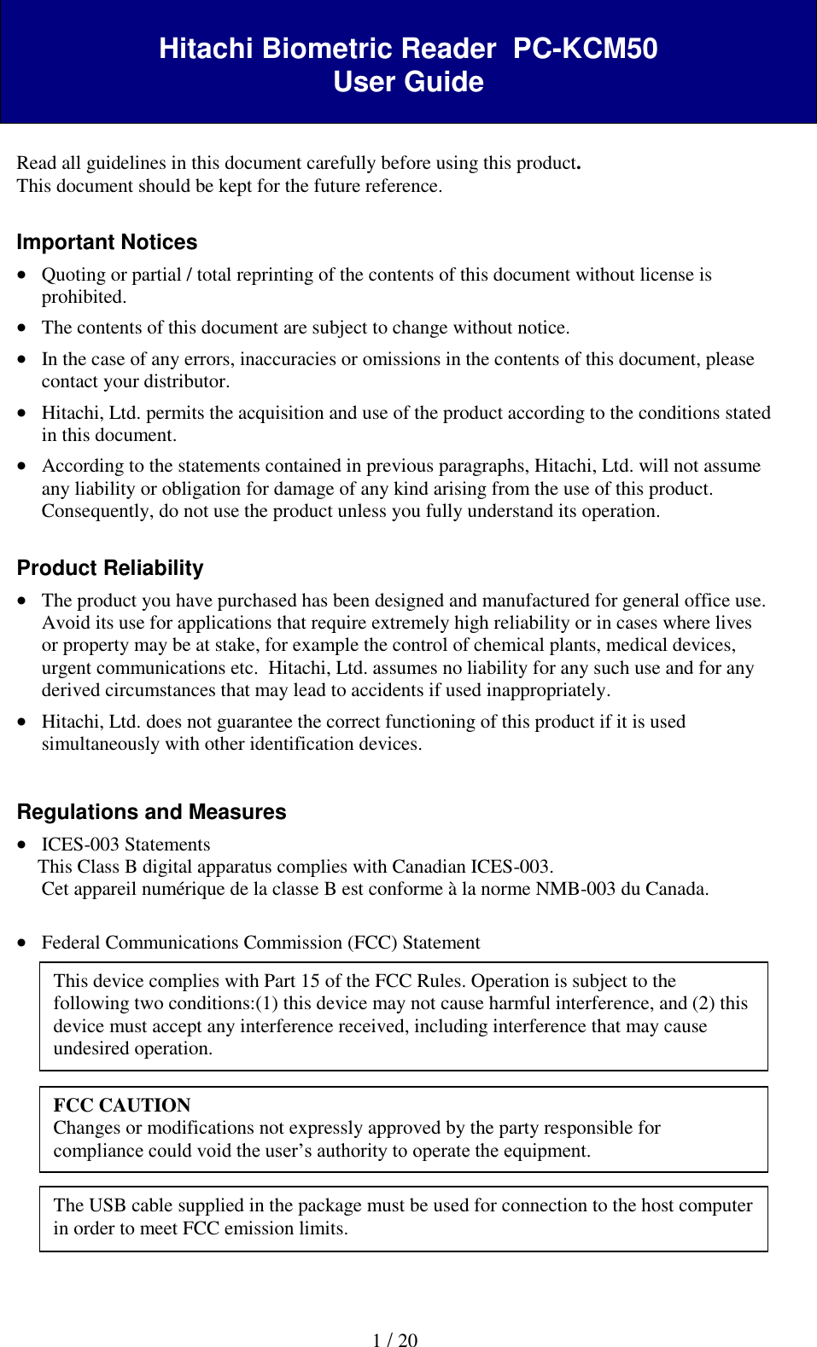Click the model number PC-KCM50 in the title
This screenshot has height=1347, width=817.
585,49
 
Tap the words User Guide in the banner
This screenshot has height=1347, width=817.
408,82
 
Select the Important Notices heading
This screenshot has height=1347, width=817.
107,242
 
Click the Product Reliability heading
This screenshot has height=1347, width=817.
110,568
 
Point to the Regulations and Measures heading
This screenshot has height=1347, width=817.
151,812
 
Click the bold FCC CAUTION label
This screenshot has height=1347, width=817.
121,1106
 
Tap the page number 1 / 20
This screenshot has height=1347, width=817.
394,1340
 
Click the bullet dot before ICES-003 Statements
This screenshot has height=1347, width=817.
22,845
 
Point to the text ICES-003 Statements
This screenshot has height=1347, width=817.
125,845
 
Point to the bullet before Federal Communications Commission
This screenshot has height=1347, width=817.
22,943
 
